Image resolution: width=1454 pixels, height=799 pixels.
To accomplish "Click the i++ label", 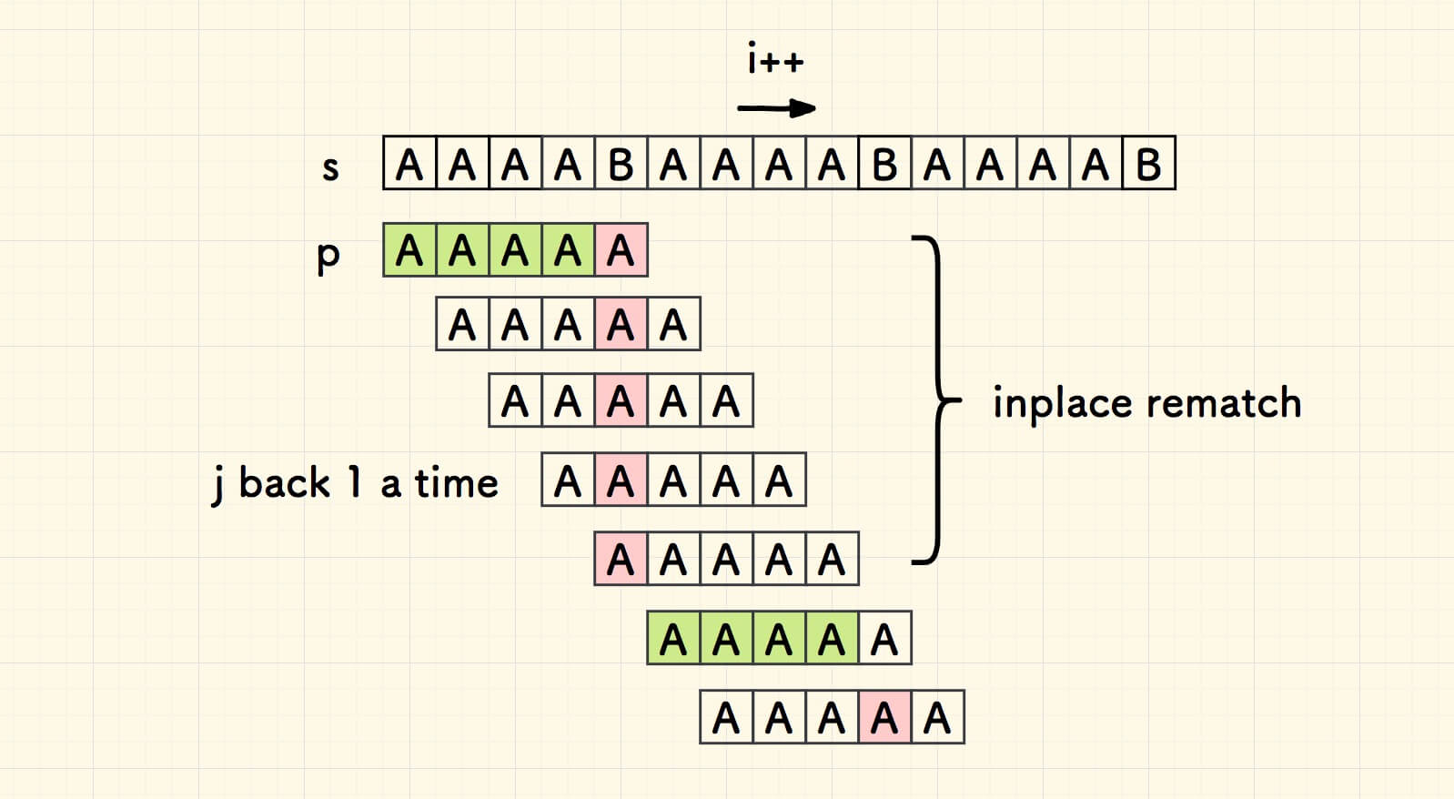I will [775, 61].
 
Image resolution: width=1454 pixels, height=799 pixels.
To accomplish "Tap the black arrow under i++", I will [776, 109].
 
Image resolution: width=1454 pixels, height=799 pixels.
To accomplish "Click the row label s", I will [330, 167].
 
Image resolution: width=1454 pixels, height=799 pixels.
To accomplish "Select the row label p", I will [328, 256].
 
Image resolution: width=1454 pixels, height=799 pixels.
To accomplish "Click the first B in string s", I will [621, 164].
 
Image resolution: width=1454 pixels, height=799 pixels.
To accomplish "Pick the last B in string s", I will [1148, 164].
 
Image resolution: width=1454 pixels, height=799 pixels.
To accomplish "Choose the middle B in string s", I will [884, 164].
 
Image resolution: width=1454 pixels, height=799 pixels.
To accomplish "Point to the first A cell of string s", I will [409, 164].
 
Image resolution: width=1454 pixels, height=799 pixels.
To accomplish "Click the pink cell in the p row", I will [621, 250].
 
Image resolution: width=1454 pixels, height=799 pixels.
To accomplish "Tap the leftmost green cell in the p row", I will [409, 250].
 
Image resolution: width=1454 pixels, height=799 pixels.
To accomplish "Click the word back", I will [284, 482].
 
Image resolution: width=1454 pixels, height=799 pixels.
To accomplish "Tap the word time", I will [457, 482].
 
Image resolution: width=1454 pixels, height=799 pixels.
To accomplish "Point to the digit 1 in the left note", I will [355, 482].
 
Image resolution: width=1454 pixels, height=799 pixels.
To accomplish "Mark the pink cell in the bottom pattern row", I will [884, 718].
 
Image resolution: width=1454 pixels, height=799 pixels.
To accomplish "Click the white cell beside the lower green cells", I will [884, 639].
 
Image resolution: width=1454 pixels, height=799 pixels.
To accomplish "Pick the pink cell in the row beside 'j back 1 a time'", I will [621, 480].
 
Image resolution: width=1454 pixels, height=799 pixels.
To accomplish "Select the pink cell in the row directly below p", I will [621, 324].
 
